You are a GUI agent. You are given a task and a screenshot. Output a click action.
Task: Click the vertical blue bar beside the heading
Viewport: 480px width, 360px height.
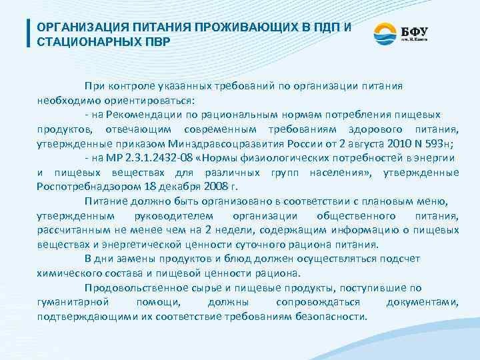pos(28,34)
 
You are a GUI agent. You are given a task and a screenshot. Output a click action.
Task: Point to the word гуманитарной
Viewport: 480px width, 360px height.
pos(70,302)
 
